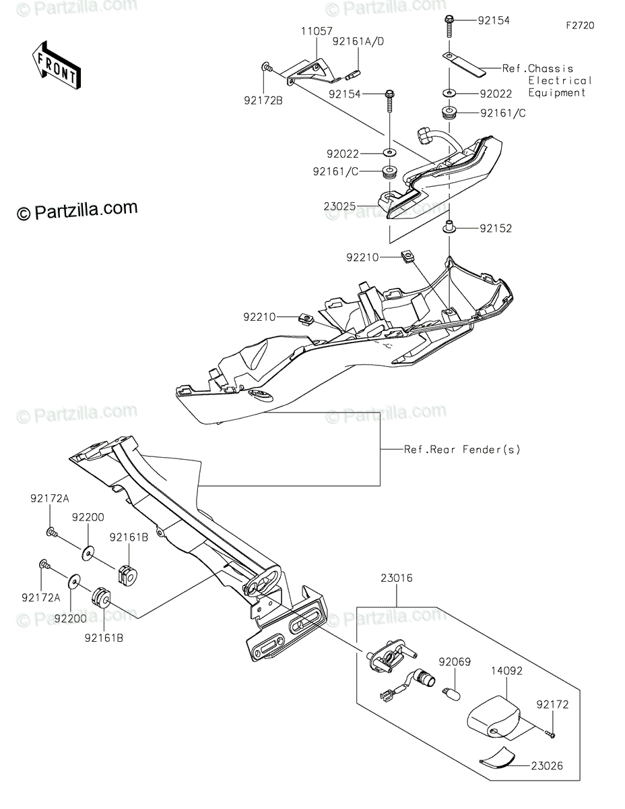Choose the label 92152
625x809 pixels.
pyautogui.click(x=496, y=229)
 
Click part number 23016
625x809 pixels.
pyautogui.click(x=396, y=578)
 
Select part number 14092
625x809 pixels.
pyautogui.click(x=506, y=671)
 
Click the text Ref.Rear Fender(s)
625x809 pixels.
pyautogui.click(x=462, y=449)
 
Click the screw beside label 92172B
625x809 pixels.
pyautogui.click(x=267, y=67)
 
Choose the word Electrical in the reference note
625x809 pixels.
pyautogui.click(x=560, y=81)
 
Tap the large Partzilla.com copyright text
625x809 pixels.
pyautogui.click(x=78, y=211)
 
